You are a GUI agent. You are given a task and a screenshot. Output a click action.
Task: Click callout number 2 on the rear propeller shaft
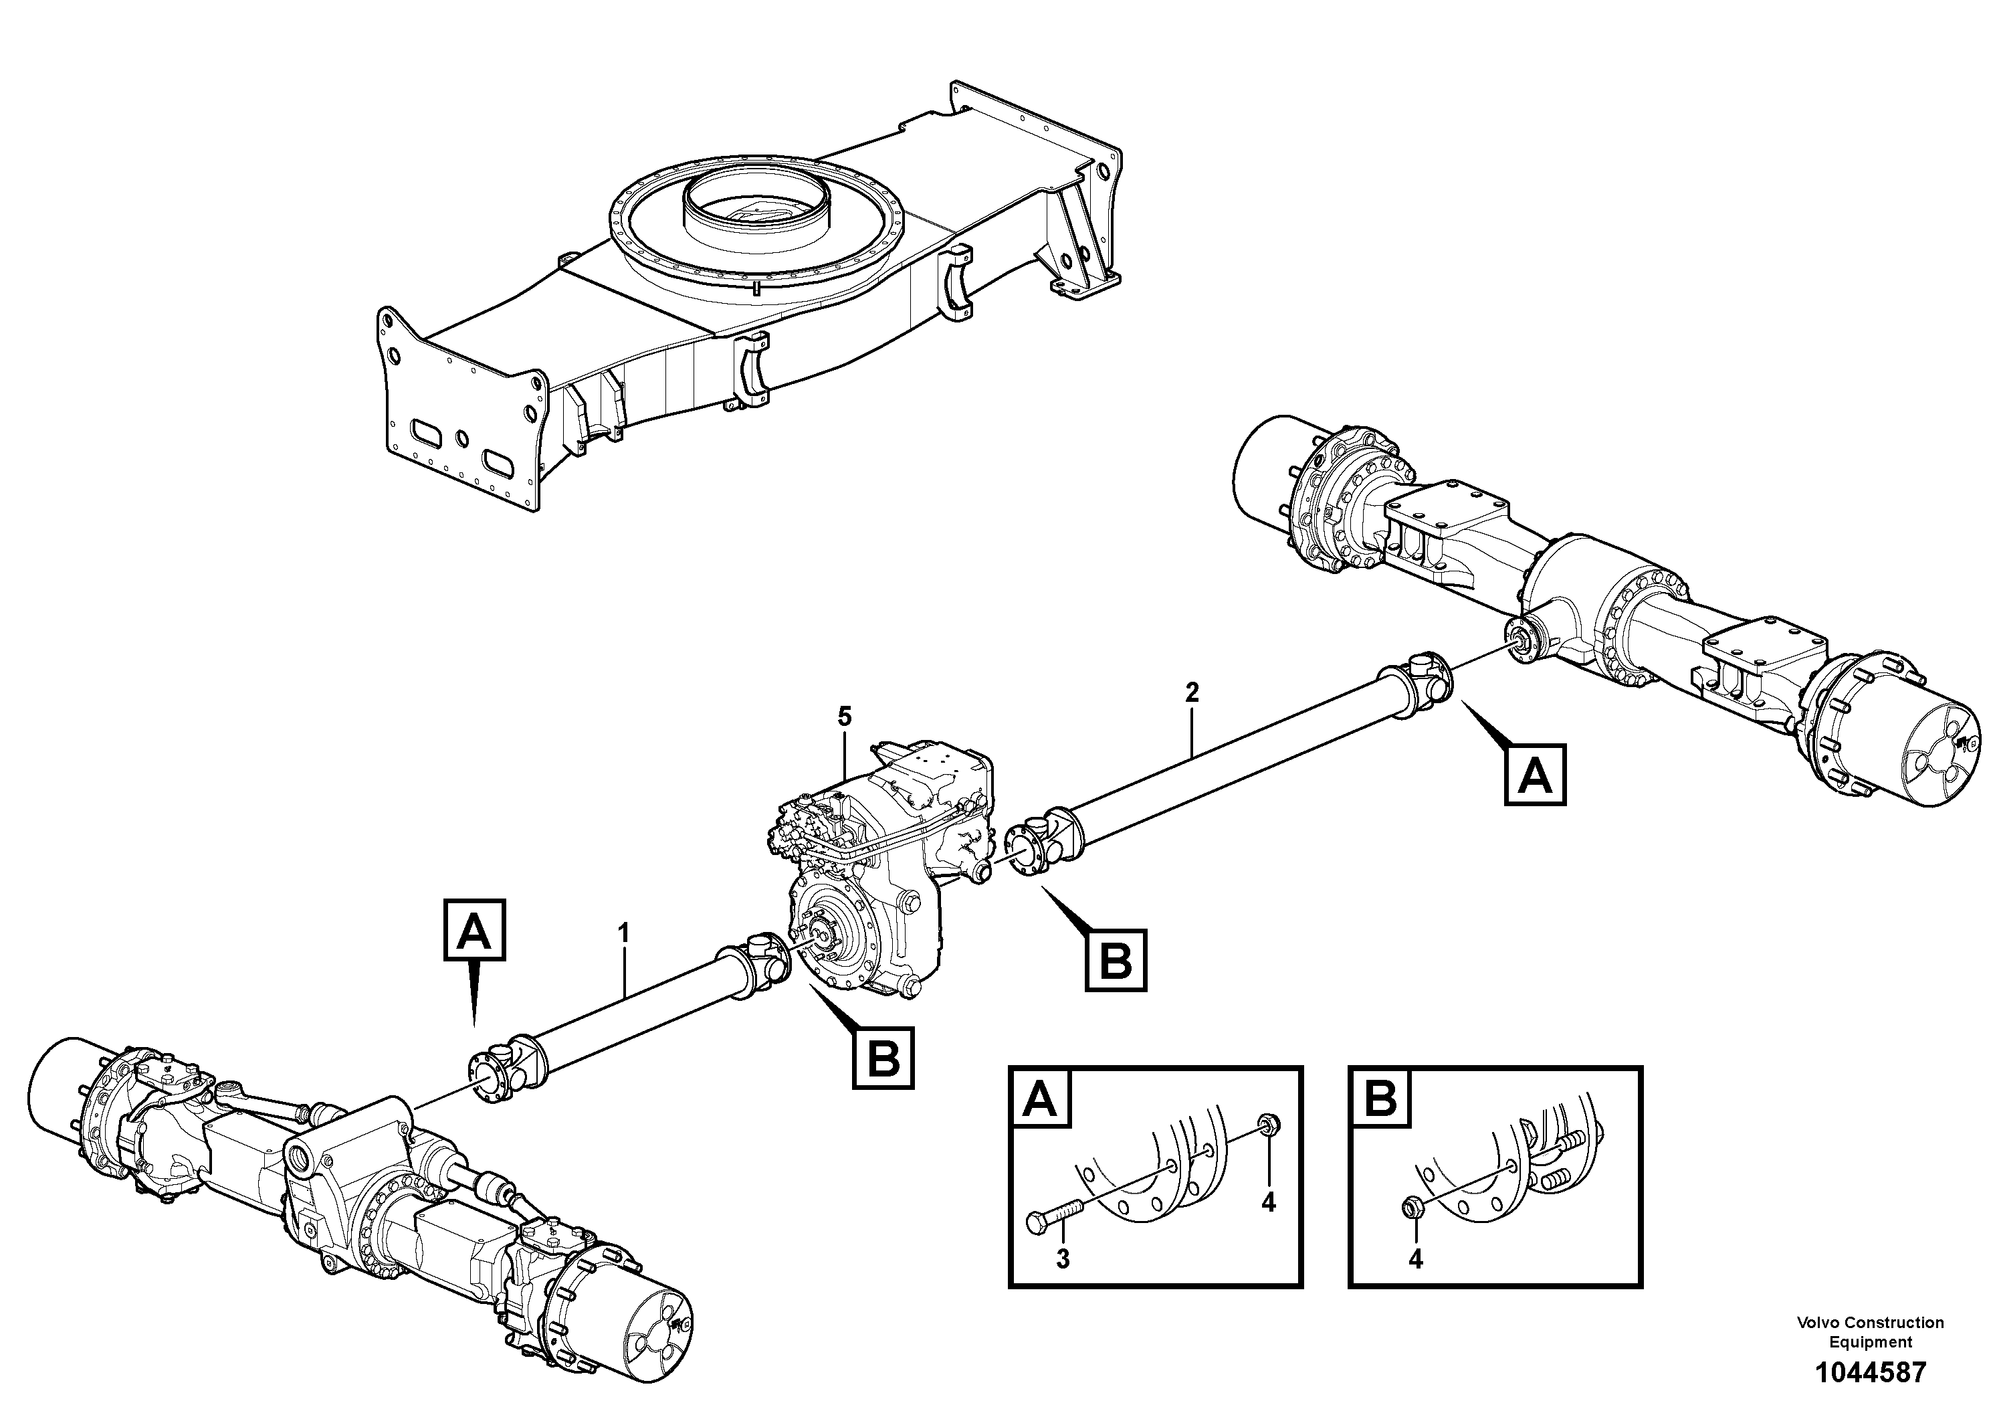coord(1192,692)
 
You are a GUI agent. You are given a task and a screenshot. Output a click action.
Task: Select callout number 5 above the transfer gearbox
coord(844,717)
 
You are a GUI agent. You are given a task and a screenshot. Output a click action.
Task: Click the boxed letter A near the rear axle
coord(1536,775)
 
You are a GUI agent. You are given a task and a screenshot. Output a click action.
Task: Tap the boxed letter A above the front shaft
coord(474,930)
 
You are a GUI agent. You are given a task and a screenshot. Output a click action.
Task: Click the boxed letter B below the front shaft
coord(883,1057)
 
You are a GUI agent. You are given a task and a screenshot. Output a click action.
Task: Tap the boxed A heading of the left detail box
coord(1041,1099)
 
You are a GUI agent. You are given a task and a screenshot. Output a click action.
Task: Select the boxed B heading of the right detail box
coord(1380,1099)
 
